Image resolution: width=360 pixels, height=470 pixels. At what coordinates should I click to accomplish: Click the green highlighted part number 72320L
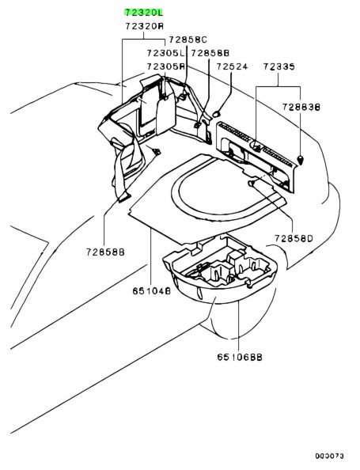(143, 13)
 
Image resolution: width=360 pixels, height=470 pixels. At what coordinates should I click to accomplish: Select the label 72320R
(145, 26)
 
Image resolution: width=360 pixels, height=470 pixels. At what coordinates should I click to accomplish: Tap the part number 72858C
(188, 40)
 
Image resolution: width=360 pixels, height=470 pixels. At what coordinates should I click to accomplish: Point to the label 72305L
(165, 53)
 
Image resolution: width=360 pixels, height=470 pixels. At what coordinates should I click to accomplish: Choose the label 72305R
(166, 66)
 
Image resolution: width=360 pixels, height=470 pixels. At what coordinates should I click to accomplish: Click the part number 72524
(232, 66)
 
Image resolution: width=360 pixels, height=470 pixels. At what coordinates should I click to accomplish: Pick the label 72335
(279, 66)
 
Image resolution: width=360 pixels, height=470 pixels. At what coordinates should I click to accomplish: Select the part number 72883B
(301, 107)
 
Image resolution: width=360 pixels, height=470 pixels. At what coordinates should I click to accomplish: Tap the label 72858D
(294, 238)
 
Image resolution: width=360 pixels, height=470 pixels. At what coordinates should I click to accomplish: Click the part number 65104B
(152, 290)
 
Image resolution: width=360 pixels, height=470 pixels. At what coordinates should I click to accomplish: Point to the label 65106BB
(240, 357)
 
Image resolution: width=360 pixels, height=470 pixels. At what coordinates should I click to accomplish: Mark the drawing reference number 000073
(329, 456)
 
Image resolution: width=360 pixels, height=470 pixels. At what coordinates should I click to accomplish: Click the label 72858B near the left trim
(105, 252)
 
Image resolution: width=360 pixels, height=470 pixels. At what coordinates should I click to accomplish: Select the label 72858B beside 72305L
(210, 53)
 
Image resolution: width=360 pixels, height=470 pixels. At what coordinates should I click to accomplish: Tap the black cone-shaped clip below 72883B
(301, 160)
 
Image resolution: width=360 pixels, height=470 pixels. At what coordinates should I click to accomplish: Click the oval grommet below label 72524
(217, 114)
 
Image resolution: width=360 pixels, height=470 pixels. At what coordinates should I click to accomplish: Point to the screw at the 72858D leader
(252, 183)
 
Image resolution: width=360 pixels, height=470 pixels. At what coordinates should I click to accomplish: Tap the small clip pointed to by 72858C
(182, 97)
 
